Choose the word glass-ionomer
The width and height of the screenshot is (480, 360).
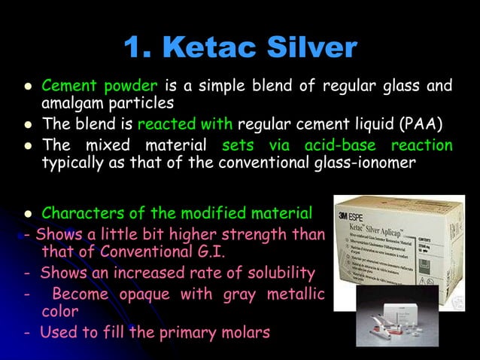point(369,163)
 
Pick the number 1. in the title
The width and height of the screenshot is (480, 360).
point(138,48)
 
